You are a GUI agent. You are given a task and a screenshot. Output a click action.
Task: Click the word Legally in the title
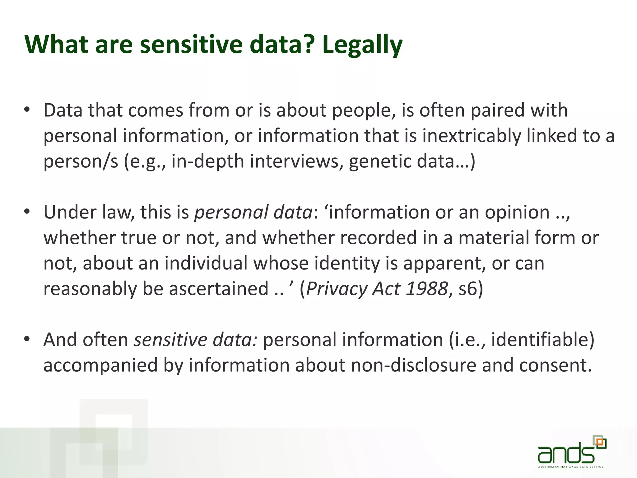pyautogui.click(x=362, y=45)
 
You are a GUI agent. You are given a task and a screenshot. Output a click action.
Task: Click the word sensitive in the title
pyautogui.click(x=191, y=44)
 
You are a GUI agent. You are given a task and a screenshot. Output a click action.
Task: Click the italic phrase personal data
pyautogui.click(x=253, y=213)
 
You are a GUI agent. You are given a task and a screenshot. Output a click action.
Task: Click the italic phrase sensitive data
pyautogui.click(x=195, y=340)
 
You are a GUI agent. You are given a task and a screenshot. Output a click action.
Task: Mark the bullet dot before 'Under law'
pyautogui.click(x=27, y=212)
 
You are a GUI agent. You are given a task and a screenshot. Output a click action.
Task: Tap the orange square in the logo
pyautogui.click(x=601, y=442)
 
